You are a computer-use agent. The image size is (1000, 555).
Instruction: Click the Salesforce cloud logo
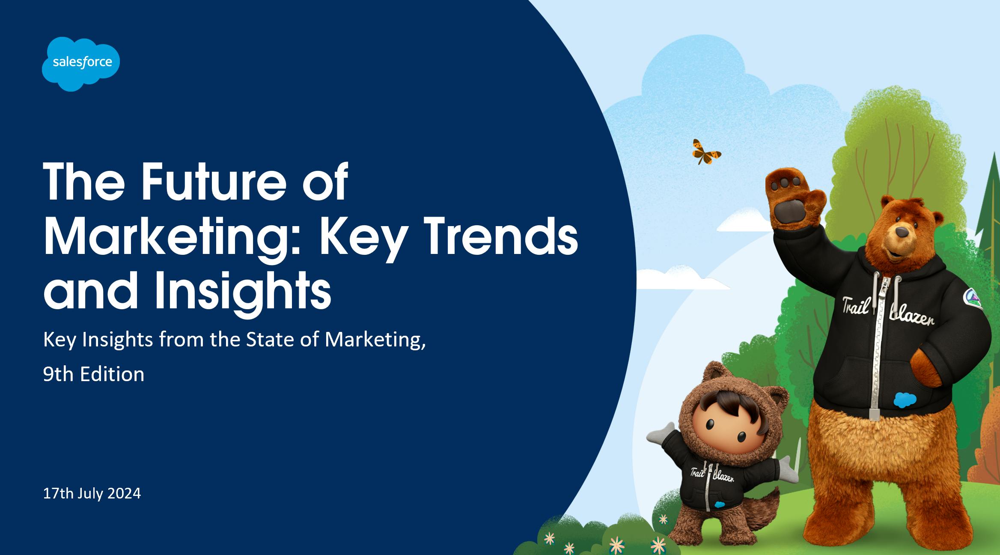click(x=81, y=64)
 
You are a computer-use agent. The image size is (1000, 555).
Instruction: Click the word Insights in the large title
click(x=243, y=291)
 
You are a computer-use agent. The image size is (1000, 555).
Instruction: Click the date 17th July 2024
click(x=92, y=494)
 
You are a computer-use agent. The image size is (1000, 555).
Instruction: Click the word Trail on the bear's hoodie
click(x=856, y=306)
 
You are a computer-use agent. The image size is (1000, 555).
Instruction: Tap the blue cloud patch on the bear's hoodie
click(x=905, y=400)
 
